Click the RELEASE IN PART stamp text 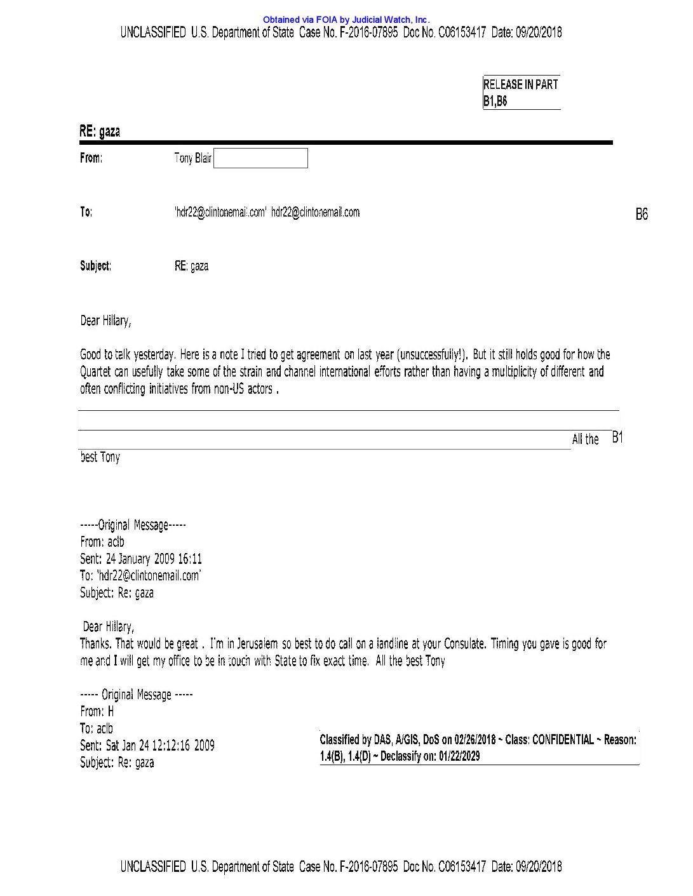click(x=520, y=84)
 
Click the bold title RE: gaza click(x=100, y=131)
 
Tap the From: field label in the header click(x=91, y=158)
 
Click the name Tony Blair click(x=193, y=158)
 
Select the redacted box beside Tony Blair click(x=260, y=158)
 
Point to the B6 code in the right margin click(x=642, y=215)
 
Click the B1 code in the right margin click(x=617, y=438)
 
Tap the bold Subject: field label click(x=95, y=266)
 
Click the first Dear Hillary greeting click(x=105, y=321)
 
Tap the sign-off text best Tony click(x=100, y=457)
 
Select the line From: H click(x=97, y=712)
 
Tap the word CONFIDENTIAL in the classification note click(x=562, y=740)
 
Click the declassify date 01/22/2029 click(x=459, y=756)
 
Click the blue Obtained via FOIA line click(x=346, y=20)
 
